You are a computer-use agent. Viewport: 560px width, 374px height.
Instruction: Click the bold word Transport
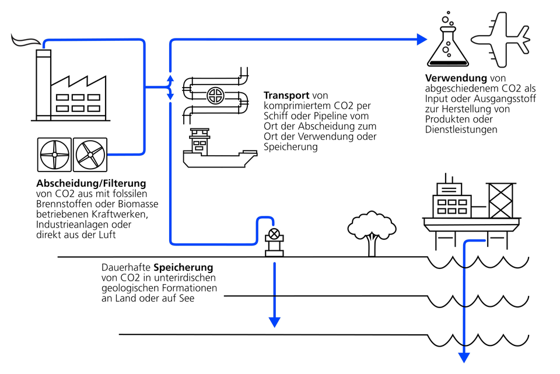tap(286, 95)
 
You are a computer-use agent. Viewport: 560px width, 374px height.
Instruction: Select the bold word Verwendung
tap(456, 78)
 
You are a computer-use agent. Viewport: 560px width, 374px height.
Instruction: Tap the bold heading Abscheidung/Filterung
tap(91, 183)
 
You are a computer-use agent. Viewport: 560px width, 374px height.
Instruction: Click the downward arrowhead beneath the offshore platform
tap(464, 357)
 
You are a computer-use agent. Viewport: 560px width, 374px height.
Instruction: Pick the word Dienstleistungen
tap(461, 130)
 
